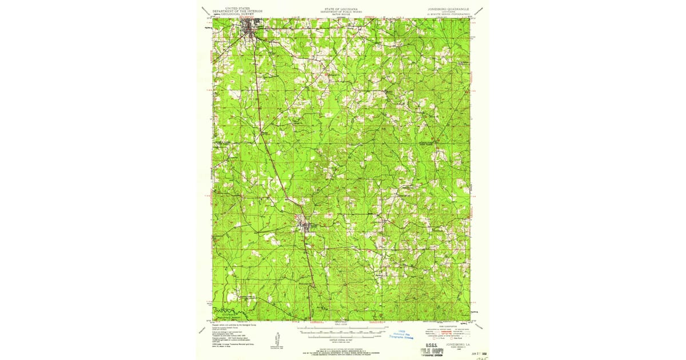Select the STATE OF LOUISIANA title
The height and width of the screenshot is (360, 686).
click(x=342, y=9)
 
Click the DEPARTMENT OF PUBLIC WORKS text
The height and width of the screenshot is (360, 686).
click(x=342, y=11)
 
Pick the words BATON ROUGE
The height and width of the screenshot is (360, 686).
click(x=342, y=14)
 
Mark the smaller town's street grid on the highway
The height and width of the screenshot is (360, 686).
click(x=309, y=226)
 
